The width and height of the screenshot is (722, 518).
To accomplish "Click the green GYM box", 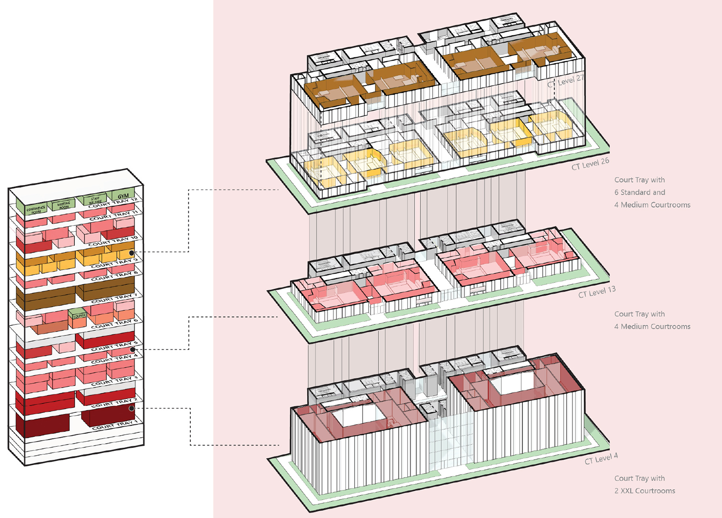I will point(123,196).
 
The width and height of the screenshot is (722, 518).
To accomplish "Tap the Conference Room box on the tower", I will point(36,209).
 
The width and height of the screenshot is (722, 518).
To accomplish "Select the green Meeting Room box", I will point(64,206).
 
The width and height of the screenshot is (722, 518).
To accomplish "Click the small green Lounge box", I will point(79,316).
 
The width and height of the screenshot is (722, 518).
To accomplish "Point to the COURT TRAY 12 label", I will point(113,203).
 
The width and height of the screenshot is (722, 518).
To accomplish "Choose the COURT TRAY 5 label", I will point(114,346).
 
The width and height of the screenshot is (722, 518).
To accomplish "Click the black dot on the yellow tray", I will point(132,253).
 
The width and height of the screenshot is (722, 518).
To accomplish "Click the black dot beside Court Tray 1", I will point(132,408).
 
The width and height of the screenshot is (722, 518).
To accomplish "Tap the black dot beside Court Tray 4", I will point(133,349).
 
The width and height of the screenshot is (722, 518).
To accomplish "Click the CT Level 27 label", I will point(566,81).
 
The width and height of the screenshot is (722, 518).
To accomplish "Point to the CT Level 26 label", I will point(590,163).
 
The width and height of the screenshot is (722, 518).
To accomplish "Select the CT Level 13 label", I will point(596,292).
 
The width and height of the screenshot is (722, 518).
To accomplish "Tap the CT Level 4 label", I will point(601,459).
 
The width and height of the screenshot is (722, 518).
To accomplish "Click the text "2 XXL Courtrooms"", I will point(644,491).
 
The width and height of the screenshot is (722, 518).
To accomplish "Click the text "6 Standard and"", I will point(640,192).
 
